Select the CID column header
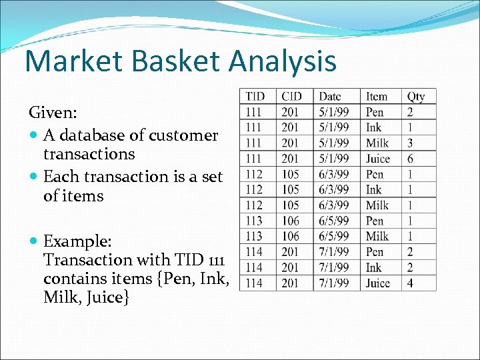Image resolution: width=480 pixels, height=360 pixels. point(292,97)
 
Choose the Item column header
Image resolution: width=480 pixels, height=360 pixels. point(376,97)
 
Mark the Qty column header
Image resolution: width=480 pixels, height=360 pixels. point(416,97)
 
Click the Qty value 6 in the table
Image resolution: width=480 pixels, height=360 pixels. point(411,159)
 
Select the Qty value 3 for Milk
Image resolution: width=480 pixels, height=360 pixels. point(411,143)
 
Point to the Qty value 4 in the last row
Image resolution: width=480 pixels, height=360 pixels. point(411,283)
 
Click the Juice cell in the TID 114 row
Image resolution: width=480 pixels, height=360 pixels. point(378,283)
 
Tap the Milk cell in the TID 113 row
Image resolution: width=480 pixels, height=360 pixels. point(377,237)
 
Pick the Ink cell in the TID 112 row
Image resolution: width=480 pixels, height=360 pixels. point(373,190)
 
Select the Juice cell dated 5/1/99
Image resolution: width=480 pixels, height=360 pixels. point(378,159)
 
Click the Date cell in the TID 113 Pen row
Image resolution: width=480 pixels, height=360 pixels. point(334,221)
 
